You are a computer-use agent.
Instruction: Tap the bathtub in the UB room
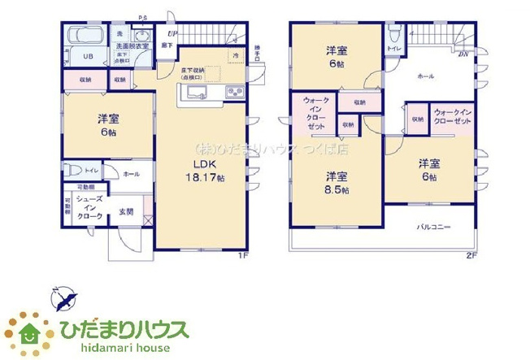tap(81, 37)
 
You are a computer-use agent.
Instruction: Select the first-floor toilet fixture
tap(73, 171)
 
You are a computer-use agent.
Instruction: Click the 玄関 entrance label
tap(128, 212)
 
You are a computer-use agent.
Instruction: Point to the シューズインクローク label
tap(89, 208)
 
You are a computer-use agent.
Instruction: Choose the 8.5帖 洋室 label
tap(337, 182)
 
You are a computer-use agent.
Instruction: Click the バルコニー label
tap(435, 227)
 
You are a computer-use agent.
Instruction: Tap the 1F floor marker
tap(241, 257)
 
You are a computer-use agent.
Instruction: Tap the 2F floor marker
tap(471, 257)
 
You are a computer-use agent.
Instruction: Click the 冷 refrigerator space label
tap(236, 55)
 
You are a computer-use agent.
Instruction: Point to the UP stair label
tap(172, 33)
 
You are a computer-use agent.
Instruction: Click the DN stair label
tap(462, 54)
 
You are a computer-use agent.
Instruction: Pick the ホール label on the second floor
tap(427, 76)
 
